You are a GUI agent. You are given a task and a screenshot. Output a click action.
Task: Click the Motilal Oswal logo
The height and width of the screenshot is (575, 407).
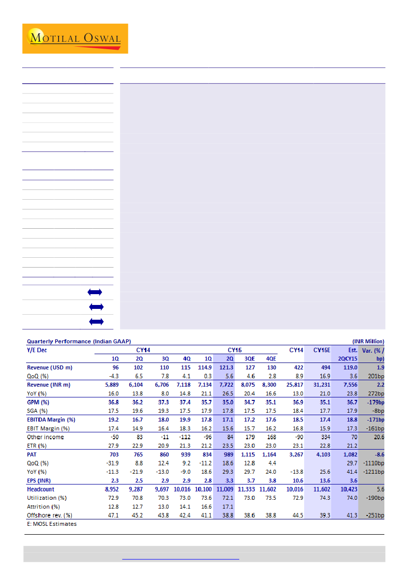click(75, 38)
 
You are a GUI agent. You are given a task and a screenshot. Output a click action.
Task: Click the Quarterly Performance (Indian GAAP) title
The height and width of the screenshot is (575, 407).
click(79, 341)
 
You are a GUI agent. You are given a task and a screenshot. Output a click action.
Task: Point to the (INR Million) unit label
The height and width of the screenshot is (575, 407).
click(368, 341)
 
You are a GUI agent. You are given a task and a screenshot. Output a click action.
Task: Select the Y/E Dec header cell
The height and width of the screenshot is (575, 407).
click(38, 350)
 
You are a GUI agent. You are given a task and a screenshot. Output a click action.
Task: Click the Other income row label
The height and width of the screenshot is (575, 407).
click(45, 437)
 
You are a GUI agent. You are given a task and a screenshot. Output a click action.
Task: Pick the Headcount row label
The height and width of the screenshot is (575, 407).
click(41, 489)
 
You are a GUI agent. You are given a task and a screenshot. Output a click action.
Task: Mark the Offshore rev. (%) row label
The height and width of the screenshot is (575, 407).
click(50, 515)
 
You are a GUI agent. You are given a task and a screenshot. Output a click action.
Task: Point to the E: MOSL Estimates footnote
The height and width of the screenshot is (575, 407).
click(52, 524)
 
